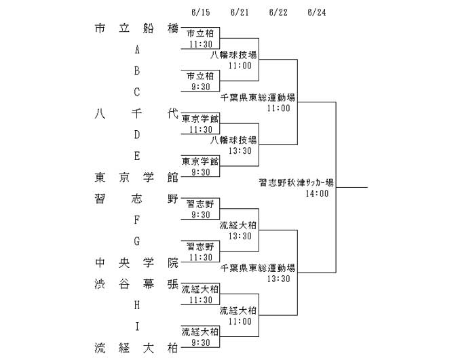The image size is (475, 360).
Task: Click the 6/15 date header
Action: pyautogui.click(x=201, y=12)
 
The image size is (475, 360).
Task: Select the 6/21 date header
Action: pyautogui.click(x=240, y=12)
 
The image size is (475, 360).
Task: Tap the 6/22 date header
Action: pyautogui.click(x=278, y=12)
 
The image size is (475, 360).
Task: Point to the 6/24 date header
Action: pyautogui.click(x=317, y=12)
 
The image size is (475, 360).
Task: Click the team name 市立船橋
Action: pyautogui.click(x=136, y=28)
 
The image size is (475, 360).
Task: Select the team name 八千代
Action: pyautogui.click(x=136, y=113)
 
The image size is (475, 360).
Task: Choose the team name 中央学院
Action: pyautogui.click(x=136, y=263)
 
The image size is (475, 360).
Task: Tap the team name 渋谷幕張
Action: pyautogui.click(x=136, y=284)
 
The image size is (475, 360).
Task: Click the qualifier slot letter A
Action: pyautogui.click(x=137, y=49)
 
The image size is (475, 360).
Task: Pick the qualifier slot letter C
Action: pyautogui.click(x=137, y=92)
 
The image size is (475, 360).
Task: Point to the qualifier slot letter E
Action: pyautogui.click(x=137, y=156)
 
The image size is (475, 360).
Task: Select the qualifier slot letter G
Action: pyautogui.click(x=137, y=241)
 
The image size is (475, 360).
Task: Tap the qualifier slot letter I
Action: pyautogui.click(x=137, y=326)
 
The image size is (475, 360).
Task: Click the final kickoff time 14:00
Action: pyautogui.click(x=317, y=193)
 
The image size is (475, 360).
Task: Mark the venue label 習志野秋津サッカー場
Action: pyautogui.click(x=297, y=182)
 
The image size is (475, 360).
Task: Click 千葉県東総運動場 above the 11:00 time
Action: pyautogui.click(x=258, y=97)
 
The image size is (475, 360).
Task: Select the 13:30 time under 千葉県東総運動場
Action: pyautogui.click(x=278, y=279)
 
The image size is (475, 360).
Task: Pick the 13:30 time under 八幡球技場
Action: pyautogui.click(x=240, y=151)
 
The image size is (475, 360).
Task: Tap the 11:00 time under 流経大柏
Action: pyautogui.click(x=240, y=321)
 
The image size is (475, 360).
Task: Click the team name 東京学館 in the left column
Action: pyautogui.click(x=136, y=178)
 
